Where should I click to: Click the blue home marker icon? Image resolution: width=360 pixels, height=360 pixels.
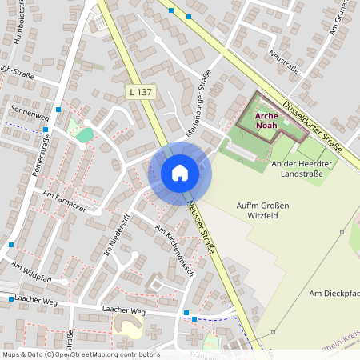click(180, 173)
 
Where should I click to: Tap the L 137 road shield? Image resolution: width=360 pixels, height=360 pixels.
click(140, 94)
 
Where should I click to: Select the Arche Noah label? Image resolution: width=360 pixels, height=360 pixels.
click(267, 120)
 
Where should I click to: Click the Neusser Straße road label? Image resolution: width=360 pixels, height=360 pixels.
click(204, 227)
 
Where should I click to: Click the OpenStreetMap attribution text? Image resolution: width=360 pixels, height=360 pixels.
click(81, 354)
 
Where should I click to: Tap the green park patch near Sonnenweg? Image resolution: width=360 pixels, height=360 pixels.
click(84, 134)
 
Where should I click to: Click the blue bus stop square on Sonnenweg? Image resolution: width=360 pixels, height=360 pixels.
click(58, 110)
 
